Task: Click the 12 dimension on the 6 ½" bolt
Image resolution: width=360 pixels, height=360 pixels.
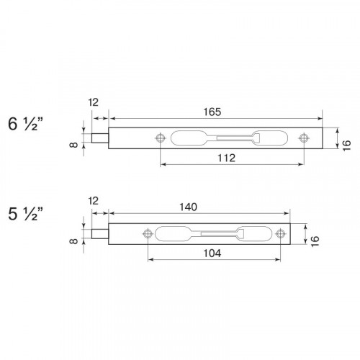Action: (92, 103)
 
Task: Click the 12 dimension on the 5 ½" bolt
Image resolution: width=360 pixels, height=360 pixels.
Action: (92, 201)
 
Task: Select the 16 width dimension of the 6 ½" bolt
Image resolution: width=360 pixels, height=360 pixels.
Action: (346, 144)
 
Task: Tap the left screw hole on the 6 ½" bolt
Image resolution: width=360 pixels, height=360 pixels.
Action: (160, 136)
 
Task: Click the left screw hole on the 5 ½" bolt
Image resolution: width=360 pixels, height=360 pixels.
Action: (148, 233)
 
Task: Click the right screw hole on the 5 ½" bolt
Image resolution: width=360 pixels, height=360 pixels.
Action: (281, 233)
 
